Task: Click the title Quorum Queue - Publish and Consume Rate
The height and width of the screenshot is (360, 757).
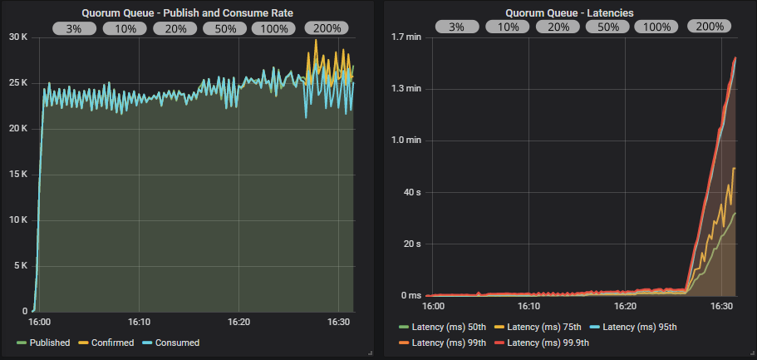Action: pos(187,12)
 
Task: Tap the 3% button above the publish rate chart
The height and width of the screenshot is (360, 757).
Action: pos(75,27)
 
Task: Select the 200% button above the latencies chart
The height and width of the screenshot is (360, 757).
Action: pos(709,27)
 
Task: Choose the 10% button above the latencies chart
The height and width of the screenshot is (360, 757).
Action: pos(508,27)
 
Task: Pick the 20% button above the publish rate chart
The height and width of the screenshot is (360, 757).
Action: pos(175,27)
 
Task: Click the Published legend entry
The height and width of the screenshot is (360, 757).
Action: pos(45,343)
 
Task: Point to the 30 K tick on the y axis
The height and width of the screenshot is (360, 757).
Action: pos(18,37)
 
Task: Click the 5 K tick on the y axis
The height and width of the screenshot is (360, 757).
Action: pos(21,266)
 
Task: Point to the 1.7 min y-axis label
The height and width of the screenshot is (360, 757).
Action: pos(406,37)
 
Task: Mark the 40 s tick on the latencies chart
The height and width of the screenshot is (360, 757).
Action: pos(412,192)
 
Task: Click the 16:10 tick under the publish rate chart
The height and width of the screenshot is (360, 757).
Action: pos(139,322)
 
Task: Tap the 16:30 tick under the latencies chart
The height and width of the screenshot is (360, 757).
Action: pos(723,307)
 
